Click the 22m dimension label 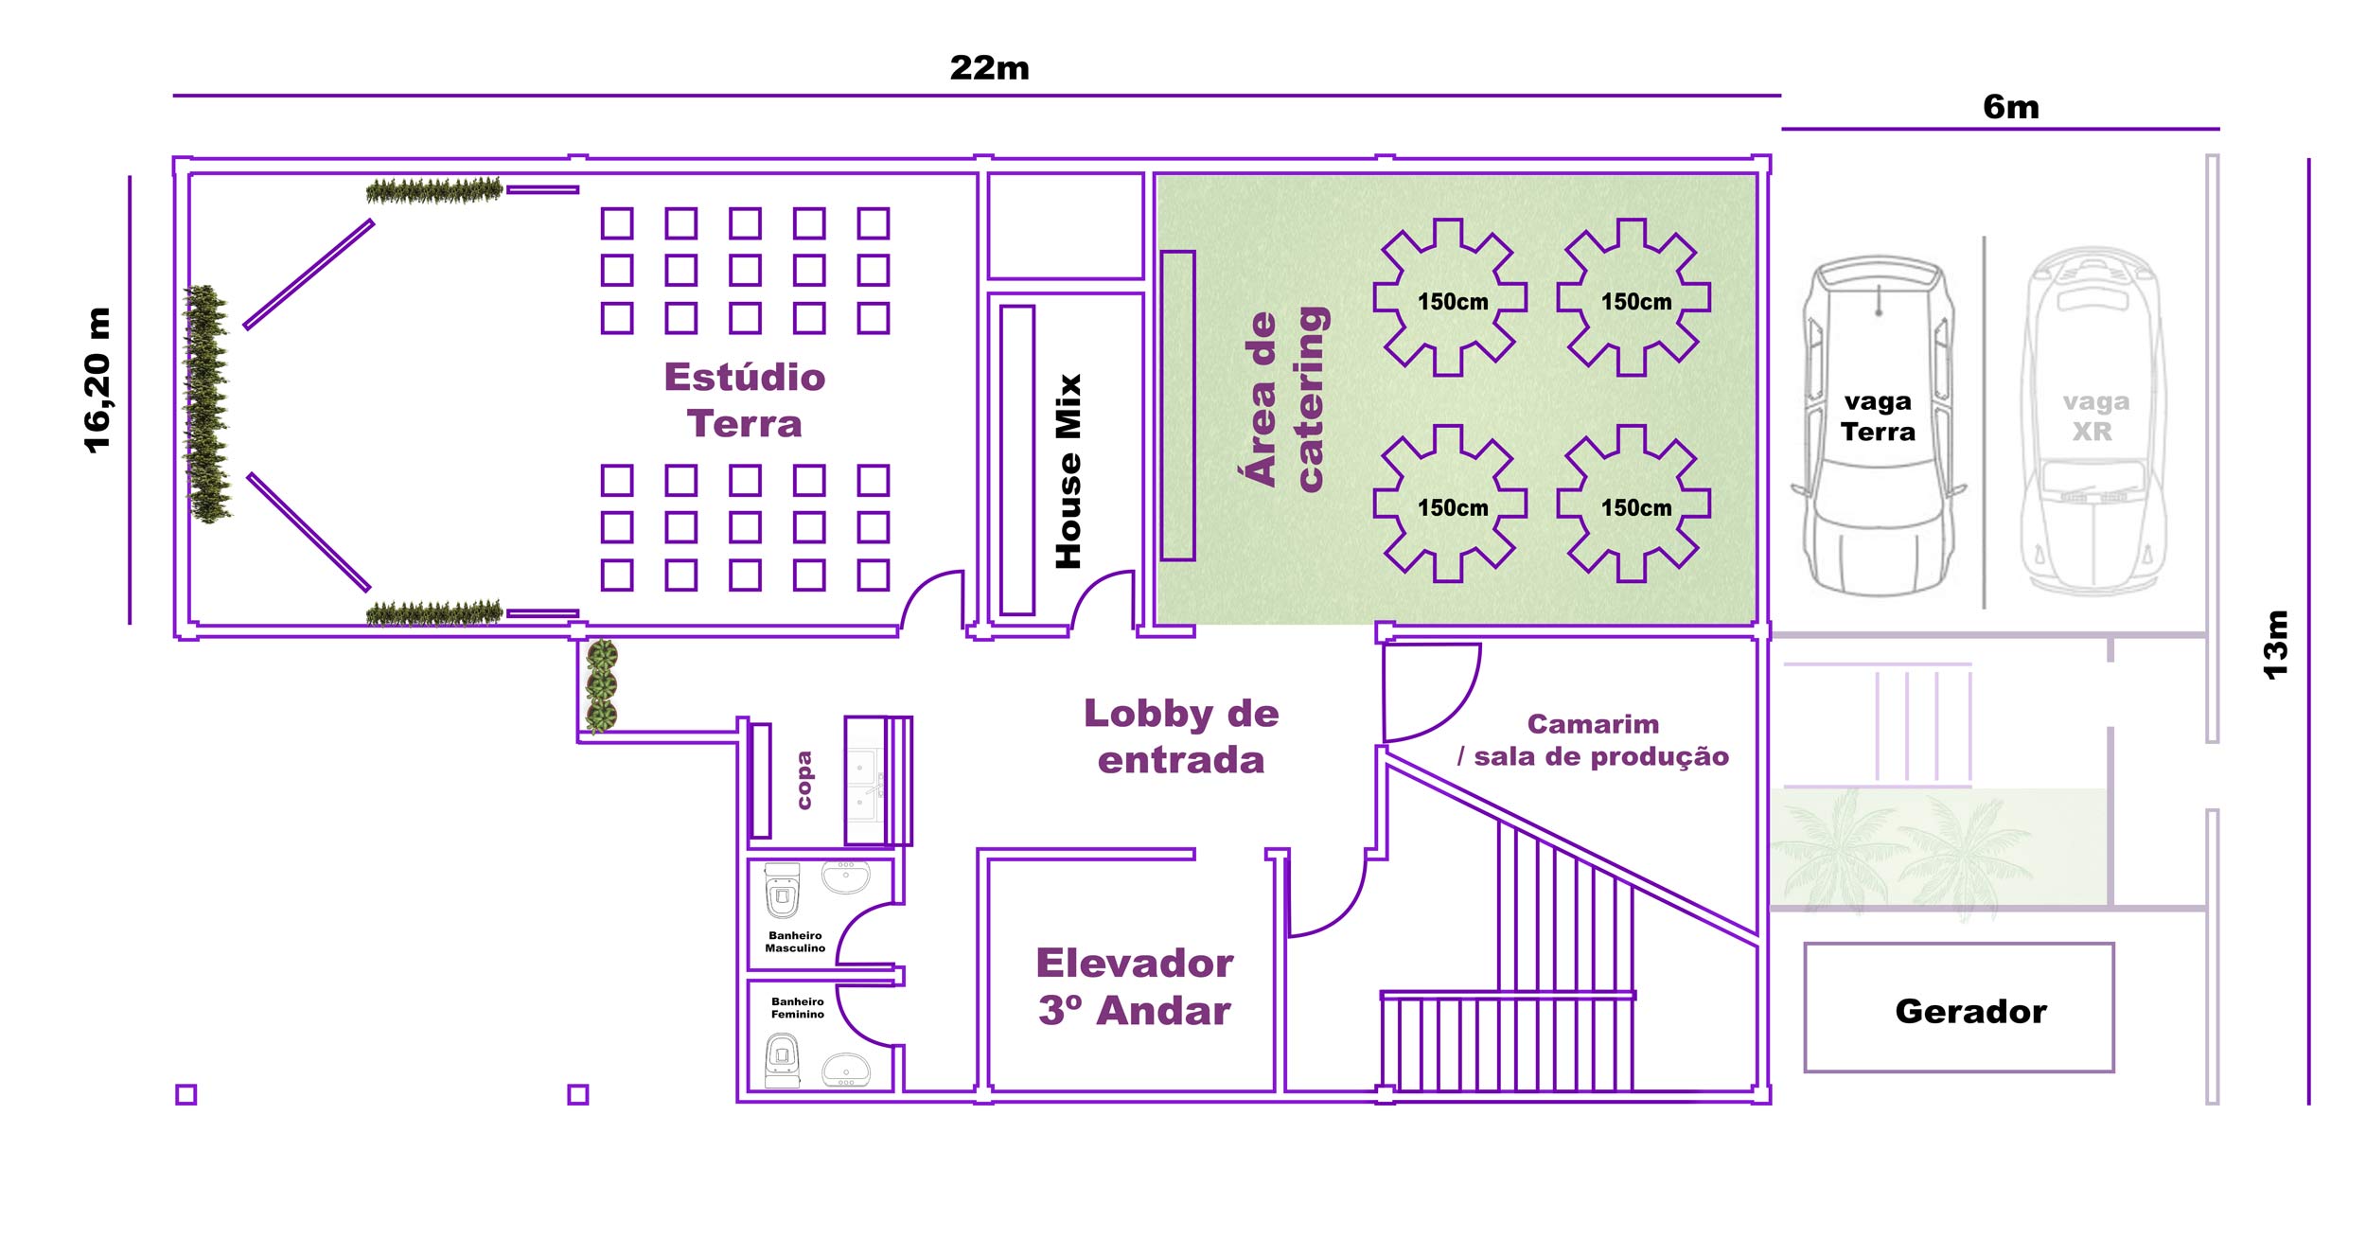(x=989, y=68)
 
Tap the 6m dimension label (x=2011, y=107)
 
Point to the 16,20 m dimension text (x=97, y=381)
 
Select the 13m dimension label (x=2275, y=645)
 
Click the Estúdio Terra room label (x=745, y=400)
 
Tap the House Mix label (x=1068, y=471)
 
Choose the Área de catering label (x=1287, y=398)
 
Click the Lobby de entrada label (x=1181, y=736)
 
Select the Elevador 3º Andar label (x=1135, y=986)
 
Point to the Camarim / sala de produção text (x=1594, y=740)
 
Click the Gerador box (x=1959, y=1007)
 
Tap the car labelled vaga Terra (x=1879, y=426)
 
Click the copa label (x=804, y=780)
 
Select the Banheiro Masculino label (x=795, y=942)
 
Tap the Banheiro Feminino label (x=798, y=1008)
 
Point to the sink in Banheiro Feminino (x=846, y=1071)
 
